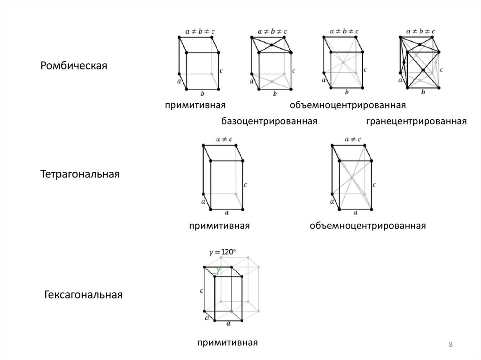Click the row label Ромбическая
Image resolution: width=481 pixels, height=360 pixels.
[74, 65]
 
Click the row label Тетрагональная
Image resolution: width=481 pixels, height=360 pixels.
[80, 174]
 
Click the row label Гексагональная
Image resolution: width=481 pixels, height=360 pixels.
[84, 295]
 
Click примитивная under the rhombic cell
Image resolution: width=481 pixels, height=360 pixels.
[192, 104]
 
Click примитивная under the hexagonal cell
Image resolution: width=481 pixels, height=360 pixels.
[228, 343]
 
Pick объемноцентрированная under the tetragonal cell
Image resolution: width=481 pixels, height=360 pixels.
[367, 226]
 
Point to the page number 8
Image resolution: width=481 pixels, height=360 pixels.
[451, 345]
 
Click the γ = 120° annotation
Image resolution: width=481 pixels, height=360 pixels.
[222, 252]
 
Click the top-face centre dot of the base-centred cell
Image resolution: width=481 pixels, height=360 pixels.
[272, 46]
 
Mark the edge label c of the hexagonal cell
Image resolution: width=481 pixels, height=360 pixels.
[202, 291]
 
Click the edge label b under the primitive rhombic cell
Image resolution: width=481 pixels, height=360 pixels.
[202, 93]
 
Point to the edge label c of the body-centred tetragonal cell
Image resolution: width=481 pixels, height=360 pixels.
[374, 185]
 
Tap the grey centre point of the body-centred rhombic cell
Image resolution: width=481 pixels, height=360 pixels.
[343, 62]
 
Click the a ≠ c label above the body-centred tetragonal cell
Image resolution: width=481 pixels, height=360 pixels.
[353, 139]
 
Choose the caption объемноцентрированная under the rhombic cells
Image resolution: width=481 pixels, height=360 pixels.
[348, 104]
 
